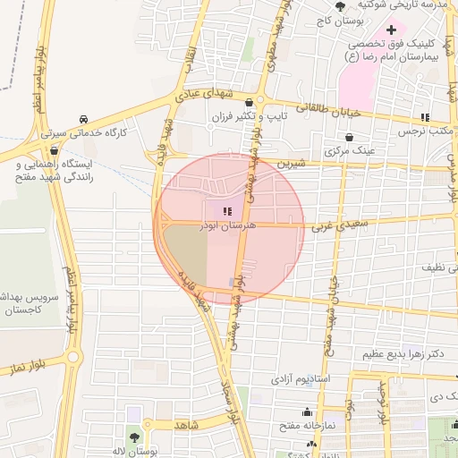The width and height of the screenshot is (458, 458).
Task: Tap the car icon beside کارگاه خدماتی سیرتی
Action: point(82,119)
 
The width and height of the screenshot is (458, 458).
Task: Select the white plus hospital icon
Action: point(391,31)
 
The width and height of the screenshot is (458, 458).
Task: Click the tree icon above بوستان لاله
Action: point(134,437)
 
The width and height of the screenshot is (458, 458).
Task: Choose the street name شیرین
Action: point(292,165)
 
